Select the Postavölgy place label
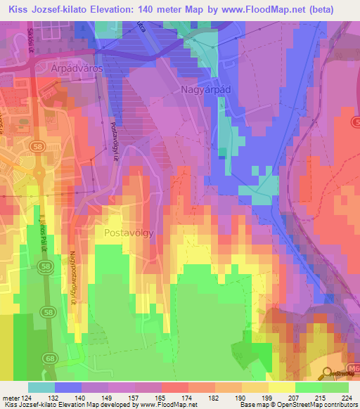click(x=128, y=232)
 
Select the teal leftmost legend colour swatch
click(x=41, y=387)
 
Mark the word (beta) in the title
click(x=335, y=9)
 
